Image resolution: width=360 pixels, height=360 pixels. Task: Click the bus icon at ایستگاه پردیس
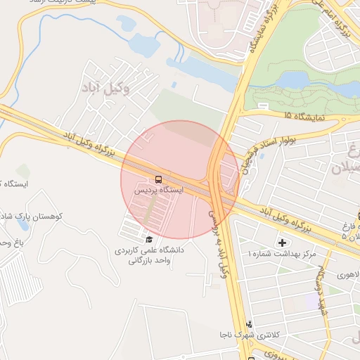(158, 179)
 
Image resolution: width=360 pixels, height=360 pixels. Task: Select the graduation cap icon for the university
(148, 239)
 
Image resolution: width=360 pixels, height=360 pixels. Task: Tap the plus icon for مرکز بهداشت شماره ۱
(283, 242)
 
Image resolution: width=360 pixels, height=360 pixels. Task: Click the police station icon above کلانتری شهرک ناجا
(248, 324)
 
